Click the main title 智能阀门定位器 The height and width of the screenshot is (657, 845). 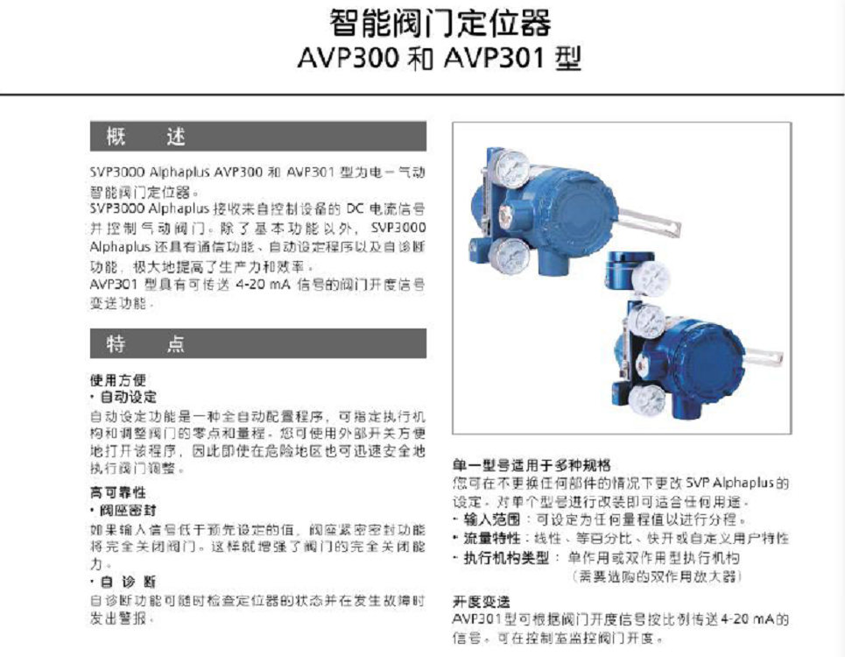pyautogui.click(x=440, y=22)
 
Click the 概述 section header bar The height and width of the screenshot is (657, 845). pyautogui.click(x=257, y=137)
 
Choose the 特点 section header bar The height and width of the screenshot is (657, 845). pyautogui.click(x=257, y=343)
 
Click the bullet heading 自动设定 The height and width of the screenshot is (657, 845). pyautogui.click(x=121, y=397)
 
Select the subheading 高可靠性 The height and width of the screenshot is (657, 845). pyautogui.click(x=117, y=492)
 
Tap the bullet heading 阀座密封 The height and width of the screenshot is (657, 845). pyautogui.click(x=121, y=509)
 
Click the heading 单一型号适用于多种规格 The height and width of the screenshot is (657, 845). pyautogui.click(x=531, y=464)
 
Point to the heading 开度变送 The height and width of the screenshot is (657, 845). pyautogui.click(x=481, y=602)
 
